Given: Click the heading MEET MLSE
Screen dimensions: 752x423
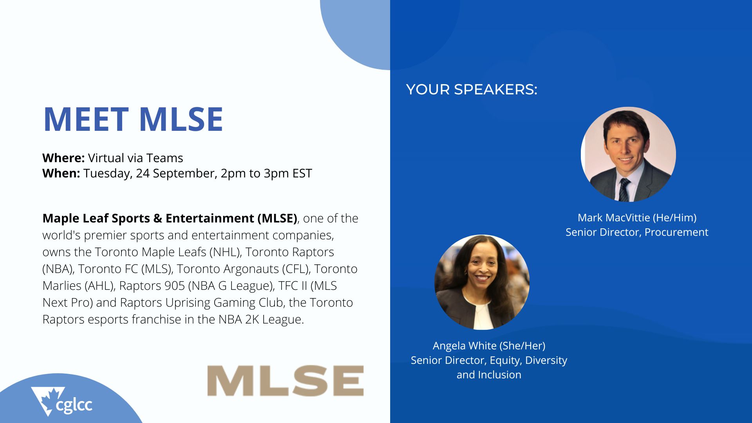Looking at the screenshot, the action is (133, 119).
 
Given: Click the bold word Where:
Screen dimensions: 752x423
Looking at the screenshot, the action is (63, 158).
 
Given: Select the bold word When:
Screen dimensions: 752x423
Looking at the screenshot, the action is (61, 173).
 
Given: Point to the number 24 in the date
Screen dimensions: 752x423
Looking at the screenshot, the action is (143, 173).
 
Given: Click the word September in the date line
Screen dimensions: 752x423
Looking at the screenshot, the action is (184, 174).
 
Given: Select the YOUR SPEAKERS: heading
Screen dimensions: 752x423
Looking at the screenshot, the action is (472, 90).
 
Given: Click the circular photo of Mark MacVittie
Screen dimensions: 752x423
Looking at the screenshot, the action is (628, 154).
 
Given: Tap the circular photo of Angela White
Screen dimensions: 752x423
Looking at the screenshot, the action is (482, 282).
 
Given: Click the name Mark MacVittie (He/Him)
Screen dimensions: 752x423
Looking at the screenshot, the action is (637, 218).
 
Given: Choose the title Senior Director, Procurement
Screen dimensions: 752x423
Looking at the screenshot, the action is (637, 232).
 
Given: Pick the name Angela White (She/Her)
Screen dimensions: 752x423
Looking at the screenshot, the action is (489, 346).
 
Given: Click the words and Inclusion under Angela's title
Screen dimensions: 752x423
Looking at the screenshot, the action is (489, 375).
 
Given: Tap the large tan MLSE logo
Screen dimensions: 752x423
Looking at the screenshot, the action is (286, 381).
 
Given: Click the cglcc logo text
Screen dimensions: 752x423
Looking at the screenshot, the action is (74, 405).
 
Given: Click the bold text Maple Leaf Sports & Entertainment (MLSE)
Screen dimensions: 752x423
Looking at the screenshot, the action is (170, 218).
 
